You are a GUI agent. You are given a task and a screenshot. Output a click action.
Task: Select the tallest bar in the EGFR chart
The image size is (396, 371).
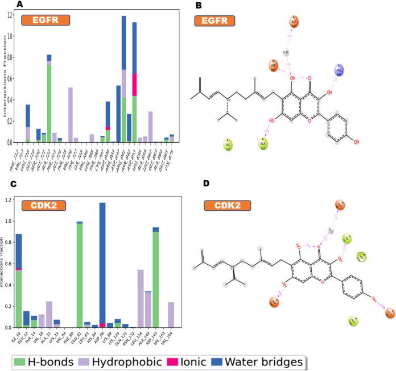click(x=123, y=80)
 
